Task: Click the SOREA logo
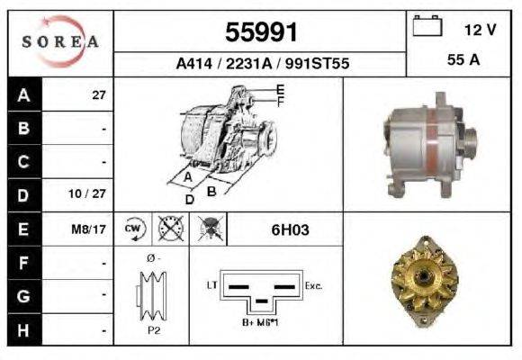60,42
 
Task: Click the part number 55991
261,33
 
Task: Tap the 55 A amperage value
462,61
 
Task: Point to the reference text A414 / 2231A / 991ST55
261,64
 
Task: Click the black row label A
23,94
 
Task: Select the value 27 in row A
99,94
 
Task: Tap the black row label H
23,329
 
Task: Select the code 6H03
290,229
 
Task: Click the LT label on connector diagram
213,284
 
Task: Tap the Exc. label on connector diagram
314,284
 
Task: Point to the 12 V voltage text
480,30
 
